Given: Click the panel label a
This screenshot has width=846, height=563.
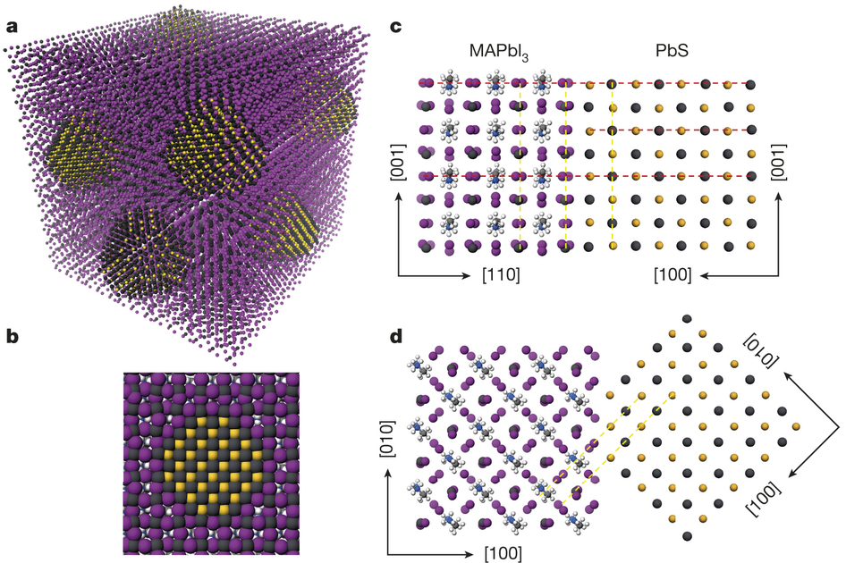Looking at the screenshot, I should coord(12,25).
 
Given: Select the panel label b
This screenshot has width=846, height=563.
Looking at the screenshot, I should coord(12,337).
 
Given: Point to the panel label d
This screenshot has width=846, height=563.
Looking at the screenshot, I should coord(398,337).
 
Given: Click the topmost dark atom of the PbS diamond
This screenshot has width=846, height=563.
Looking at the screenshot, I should coord(686,319).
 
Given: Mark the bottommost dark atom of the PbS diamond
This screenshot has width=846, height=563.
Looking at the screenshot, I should coord(686,535).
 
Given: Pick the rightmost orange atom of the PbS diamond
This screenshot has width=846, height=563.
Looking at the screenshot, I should coord(794,427).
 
